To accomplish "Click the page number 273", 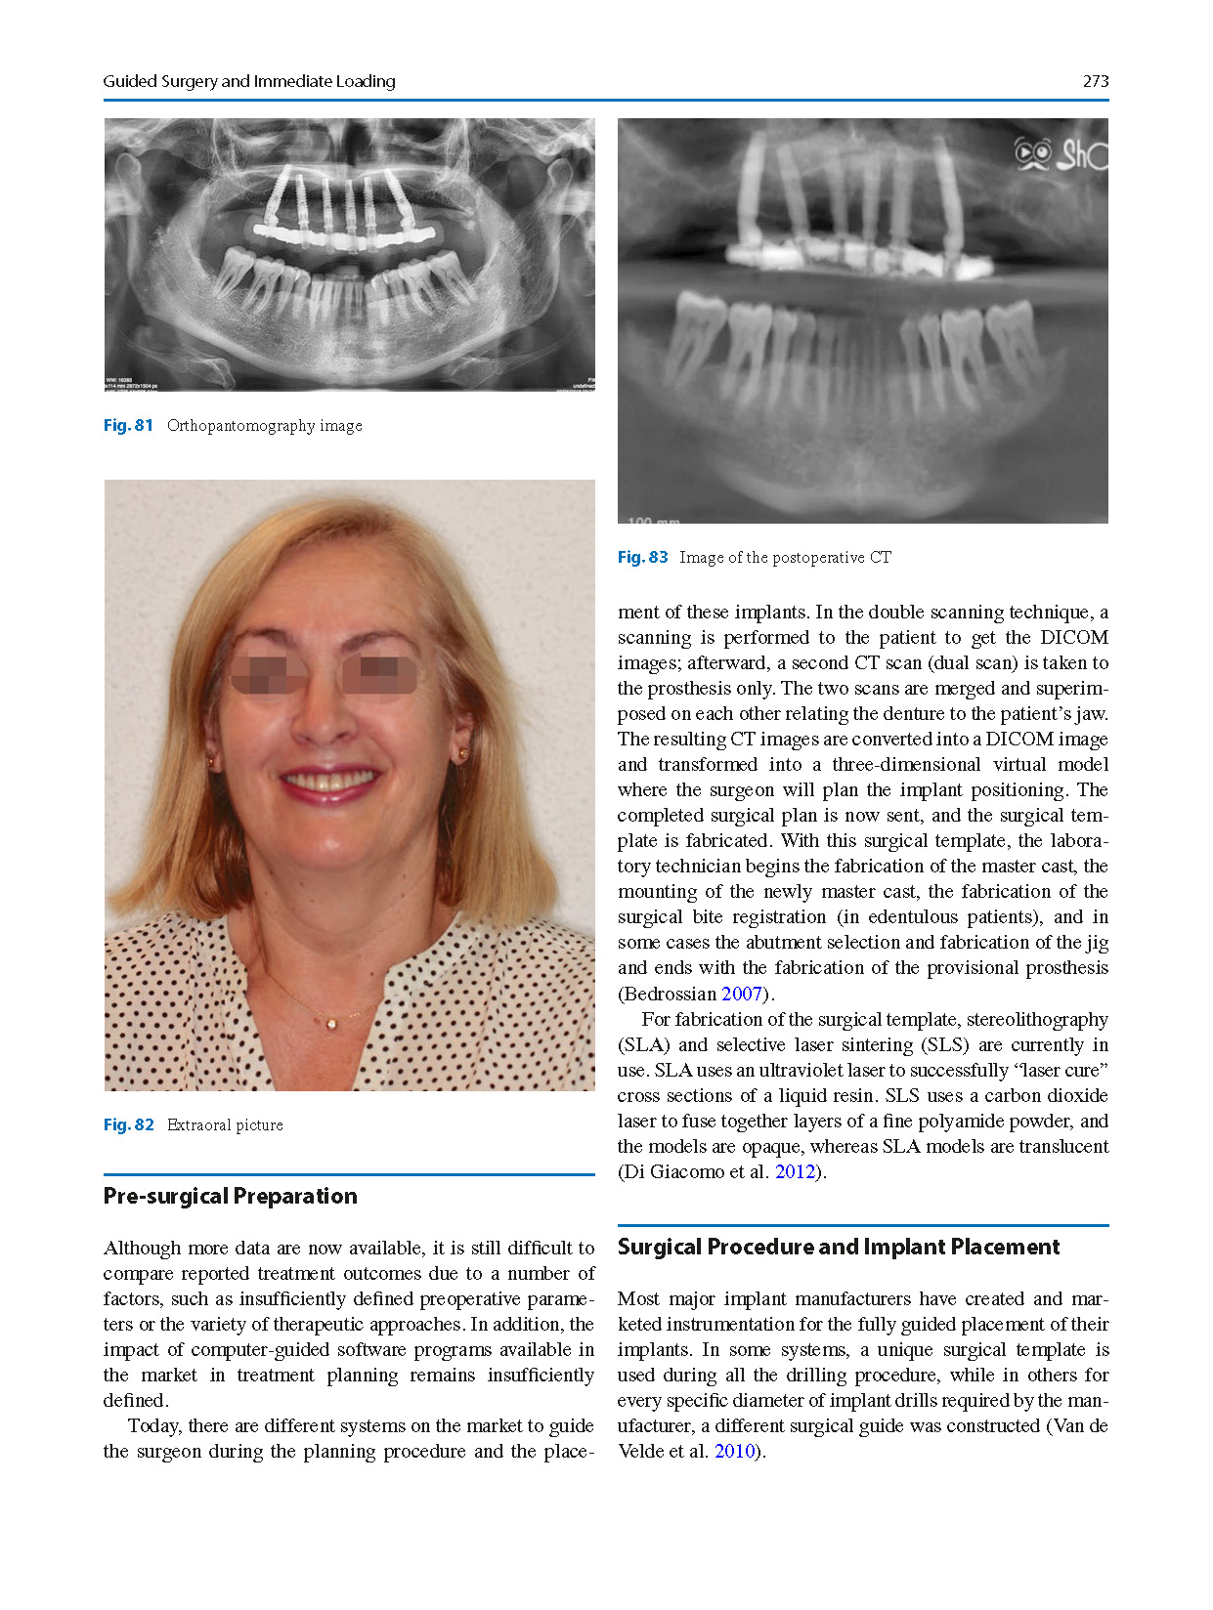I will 1095,81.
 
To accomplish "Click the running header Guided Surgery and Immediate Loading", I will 249,81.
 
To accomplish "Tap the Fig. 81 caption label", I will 128,425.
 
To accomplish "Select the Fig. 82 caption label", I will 128,1124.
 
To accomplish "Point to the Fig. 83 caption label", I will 642,557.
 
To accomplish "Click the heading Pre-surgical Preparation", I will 230,1196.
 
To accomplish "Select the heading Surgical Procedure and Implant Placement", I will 838,1247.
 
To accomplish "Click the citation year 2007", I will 741,994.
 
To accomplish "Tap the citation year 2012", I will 795,1171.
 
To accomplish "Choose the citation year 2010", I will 734,1451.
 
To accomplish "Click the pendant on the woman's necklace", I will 331,1023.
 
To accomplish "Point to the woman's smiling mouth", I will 329,783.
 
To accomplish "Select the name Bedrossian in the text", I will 670,994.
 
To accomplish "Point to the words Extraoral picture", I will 225,1124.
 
